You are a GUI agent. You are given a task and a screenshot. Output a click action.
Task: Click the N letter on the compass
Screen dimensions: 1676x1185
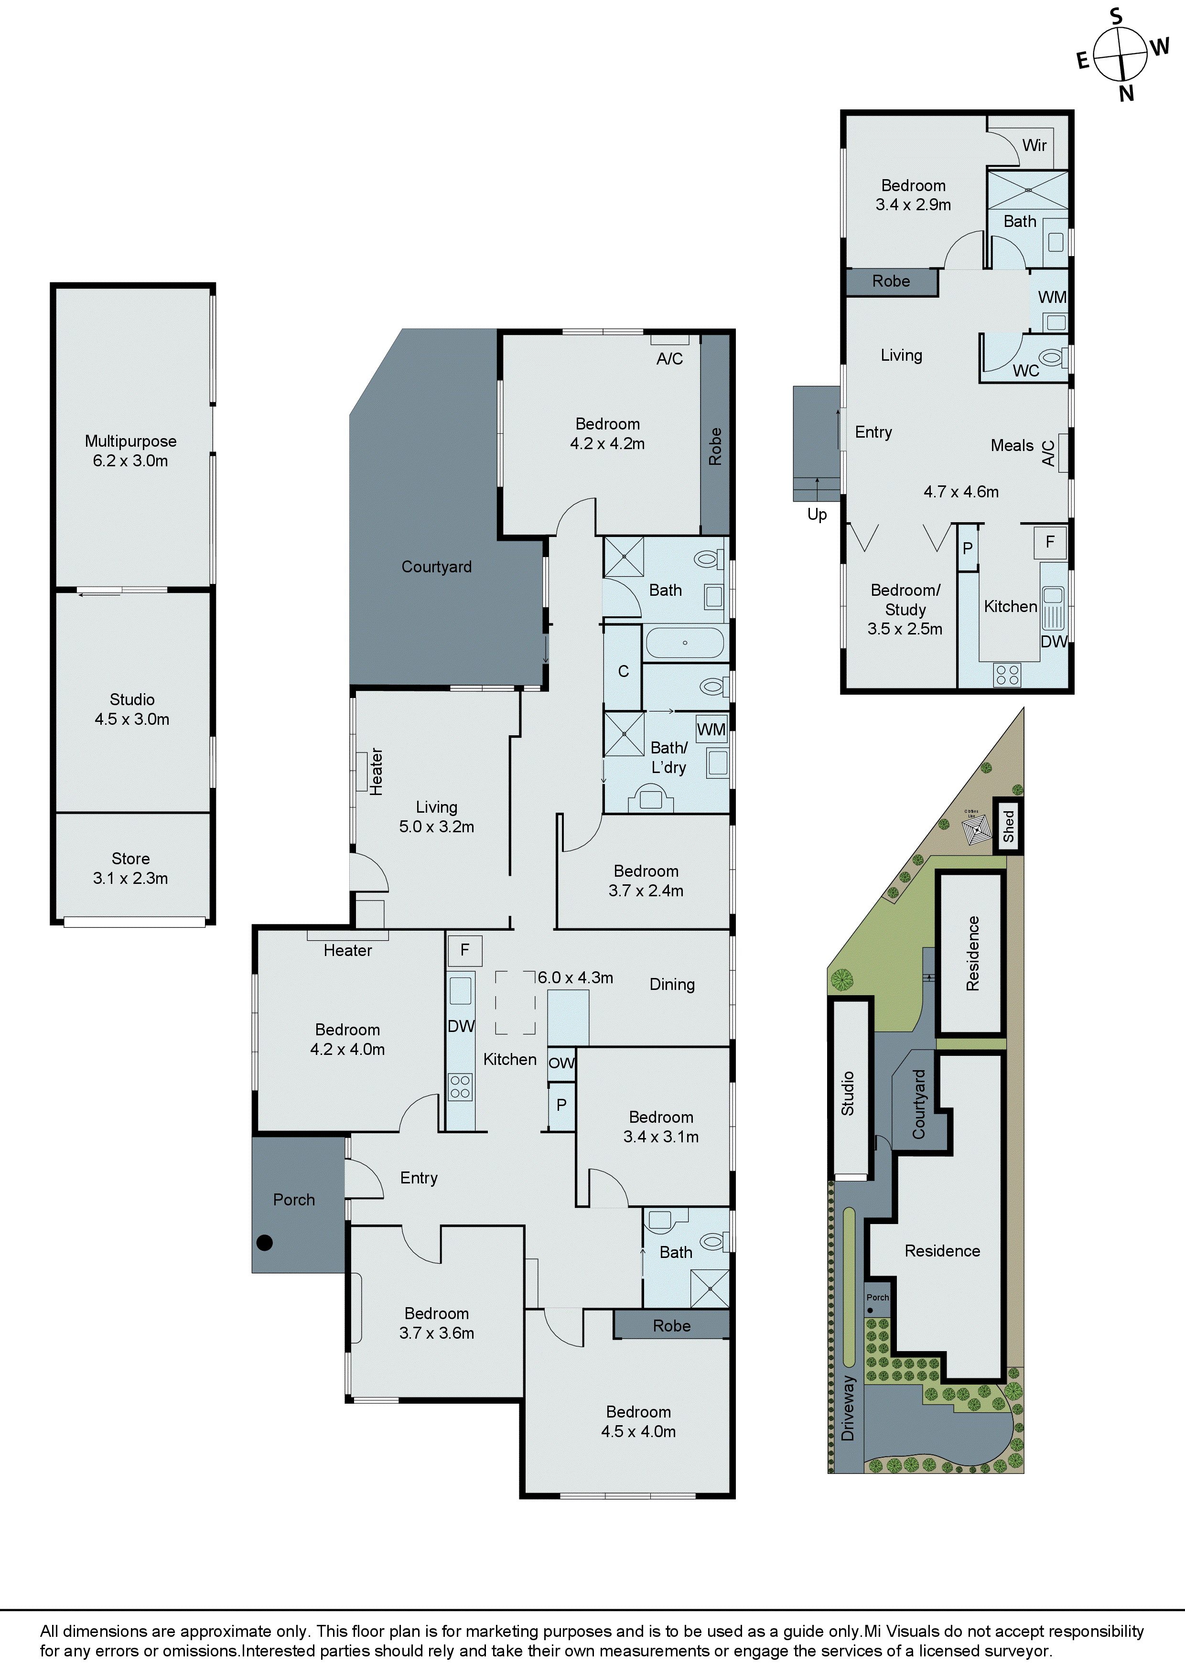tap(1127, 94)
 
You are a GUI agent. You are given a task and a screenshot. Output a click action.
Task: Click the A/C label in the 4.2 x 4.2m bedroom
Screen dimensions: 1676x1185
tap(669, 358)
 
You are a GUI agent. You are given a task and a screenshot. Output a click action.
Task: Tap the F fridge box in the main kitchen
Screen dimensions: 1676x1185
tap(464, 950)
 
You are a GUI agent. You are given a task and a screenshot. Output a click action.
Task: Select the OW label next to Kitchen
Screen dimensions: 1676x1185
tap(561, 1063)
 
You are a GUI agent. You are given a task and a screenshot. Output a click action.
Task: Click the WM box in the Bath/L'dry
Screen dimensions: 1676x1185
tap(711, 729)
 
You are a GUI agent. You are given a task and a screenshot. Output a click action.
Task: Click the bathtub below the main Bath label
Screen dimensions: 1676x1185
tap(685, 643)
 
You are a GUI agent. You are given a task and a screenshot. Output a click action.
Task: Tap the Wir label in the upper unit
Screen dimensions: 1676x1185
tap(1034, 145)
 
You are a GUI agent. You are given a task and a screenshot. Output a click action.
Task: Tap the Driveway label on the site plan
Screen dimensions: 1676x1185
tap(848, 1408)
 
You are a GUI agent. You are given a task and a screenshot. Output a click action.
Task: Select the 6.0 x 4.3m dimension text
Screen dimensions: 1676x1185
tap(575, 978)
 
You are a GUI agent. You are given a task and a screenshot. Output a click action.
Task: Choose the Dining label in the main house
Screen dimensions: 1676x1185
tap(672, 985)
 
